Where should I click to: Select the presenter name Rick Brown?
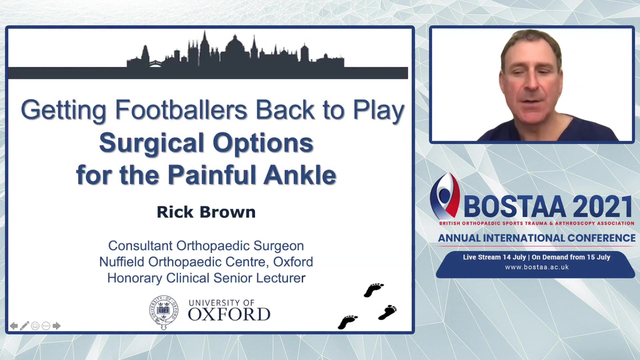pos(206,212)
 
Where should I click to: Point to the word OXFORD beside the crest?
pos(229,314)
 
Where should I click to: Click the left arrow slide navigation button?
pos(14,326)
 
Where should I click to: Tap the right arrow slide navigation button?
pos(57,326)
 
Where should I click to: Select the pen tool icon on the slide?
pos(24,326)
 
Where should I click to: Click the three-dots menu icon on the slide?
pos(46,326)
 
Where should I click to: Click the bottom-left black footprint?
pos(347,322)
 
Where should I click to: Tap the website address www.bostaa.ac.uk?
pos(537,267)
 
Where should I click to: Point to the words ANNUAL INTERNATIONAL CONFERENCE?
pos(537,238)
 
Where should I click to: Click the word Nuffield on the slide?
pos(122,262)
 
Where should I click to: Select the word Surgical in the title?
pos(152,143)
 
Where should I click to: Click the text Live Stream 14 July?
pos(494,257)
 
